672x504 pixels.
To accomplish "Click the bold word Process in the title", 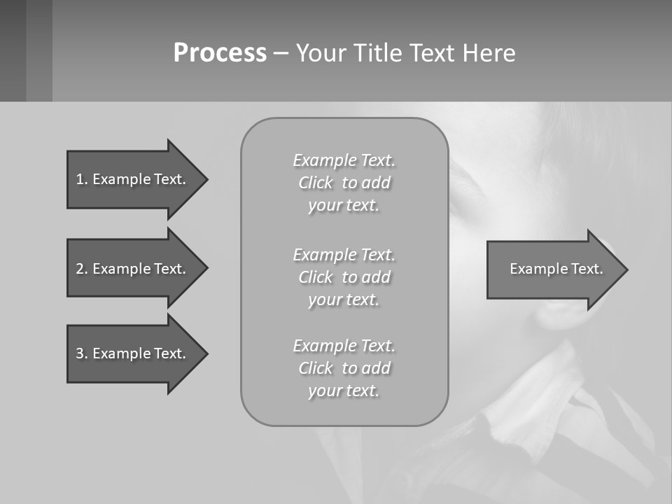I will click(220, 53).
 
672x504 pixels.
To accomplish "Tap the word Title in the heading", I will click(379, 53).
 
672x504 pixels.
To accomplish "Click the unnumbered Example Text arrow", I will click(556, 269).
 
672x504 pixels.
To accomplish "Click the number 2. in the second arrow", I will click(81, 269).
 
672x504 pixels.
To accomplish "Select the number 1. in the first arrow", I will click(81, 179).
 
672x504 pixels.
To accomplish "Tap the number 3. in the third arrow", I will click(81, 353).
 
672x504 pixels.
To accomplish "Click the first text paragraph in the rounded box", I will click(344, 183).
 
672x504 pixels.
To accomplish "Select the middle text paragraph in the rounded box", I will click(344, 277).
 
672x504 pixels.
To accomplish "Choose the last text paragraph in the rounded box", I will click(344, 368).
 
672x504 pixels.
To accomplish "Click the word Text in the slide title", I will click(433, 53).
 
